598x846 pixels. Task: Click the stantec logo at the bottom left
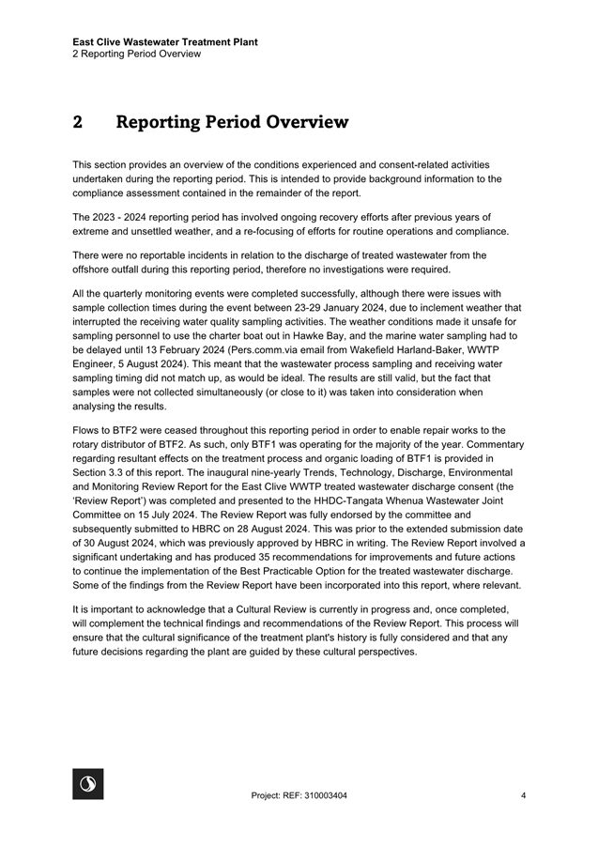click(88, 784)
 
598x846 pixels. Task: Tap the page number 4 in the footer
click(522, 796)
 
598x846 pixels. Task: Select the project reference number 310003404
click(323, 796)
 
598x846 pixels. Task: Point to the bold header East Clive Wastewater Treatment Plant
click(165, 41)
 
